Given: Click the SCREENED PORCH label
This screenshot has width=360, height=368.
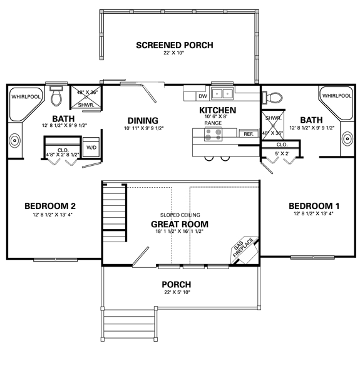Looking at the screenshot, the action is [175, 45].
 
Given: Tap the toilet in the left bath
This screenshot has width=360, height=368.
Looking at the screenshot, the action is [56, 96].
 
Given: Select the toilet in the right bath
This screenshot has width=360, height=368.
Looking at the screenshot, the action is [272, 98].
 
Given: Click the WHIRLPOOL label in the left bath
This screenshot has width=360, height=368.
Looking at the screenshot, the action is [26, 96].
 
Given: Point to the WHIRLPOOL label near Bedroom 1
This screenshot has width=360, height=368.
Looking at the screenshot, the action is [337, 96].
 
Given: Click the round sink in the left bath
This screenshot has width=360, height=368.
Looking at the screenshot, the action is [14, 140].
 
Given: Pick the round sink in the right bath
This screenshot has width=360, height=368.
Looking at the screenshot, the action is [347, 139].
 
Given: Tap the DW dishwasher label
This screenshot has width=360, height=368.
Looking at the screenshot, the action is [203, 96].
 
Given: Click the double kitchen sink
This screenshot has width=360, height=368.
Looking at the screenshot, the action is [222, 94].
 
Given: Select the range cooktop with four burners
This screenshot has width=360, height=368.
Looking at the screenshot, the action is [213, 134].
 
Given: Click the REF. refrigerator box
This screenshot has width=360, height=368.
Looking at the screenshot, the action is [249, 133].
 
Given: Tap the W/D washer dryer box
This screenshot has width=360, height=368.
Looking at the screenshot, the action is [91, 147].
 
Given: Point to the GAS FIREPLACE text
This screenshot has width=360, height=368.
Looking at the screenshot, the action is [244, 247].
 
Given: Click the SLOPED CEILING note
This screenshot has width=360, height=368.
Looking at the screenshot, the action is [180, 215].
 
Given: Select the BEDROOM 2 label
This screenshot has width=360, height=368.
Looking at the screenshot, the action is [50, 206].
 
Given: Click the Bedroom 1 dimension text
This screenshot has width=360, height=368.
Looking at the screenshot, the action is [314, 213].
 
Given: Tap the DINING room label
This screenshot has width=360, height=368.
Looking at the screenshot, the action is [143, 121].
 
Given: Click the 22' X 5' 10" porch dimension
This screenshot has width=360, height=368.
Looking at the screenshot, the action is [177, 292].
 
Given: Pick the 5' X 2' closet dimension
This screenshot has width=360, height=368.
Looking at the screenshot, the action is [282, 154].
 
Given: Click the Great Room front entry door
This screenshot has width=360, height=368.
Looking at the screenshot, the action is [141, 257].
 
